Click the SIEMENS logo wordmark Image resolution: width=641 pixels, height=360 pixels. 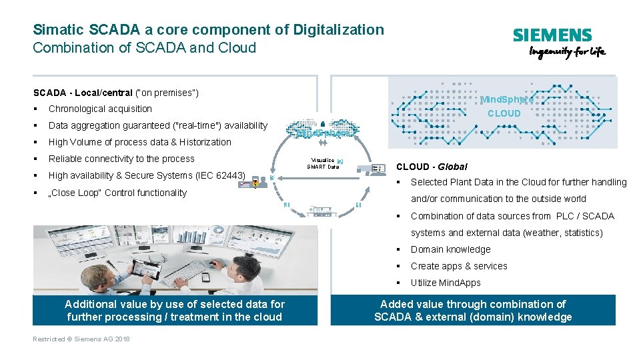point(552,36)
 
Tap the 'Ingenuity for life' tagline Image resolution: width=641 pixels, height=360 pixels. point(567,53)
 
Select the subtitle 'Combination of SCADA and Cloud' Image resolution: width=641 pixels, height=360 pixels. point(144,48)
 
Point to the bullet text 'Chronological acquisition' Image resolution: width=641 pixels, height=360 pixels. point(100,109)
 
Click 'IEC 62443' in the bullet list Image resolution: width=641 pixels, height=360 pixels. point(224,175)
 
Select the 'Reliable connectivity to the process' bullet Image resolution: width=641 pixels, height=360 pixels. point(121,159)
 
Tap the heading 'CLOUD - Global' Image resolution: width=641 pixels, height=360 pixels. point(432,167)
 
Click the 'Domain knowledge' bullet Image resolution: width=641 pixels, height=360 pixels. point(450,249)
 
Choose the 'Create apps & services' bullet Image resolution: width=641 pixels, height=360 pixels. point(459,266)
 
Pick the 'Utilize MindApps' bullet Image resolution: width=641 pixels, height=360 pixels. point(446,283)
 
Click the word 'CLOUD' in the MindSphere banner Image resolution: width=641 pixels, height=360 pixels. point(504,113)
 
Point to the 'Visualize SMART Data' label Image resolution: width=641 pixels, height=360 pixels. point(323,163)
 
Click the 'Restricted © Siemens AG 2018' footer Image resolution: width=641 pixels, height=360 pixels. point(81,339)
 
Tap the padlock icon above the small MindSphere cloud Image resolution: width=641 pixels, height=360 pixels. point(322,124)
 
